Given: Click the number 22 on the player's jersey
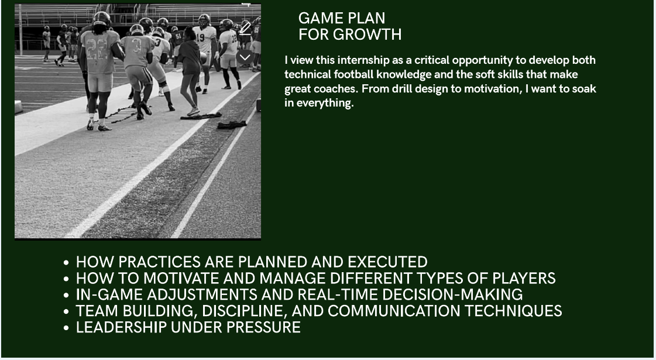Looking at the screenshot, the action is pos(98,50).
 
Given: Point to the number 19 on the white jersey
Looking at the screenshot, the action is pos(200,37).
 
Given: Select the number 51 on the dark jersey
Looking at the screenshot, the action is pos(178,36).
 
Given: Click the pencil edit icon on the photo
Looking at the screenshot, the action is pos(245,29).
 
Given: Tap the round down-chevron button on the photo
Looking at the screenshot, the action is pos(245,57).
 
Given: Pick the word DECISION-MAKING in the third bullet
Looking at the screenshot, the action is pos(452,294).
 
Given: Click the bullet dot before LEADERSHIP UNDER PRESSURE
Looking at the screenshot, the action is pos(66,328).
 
